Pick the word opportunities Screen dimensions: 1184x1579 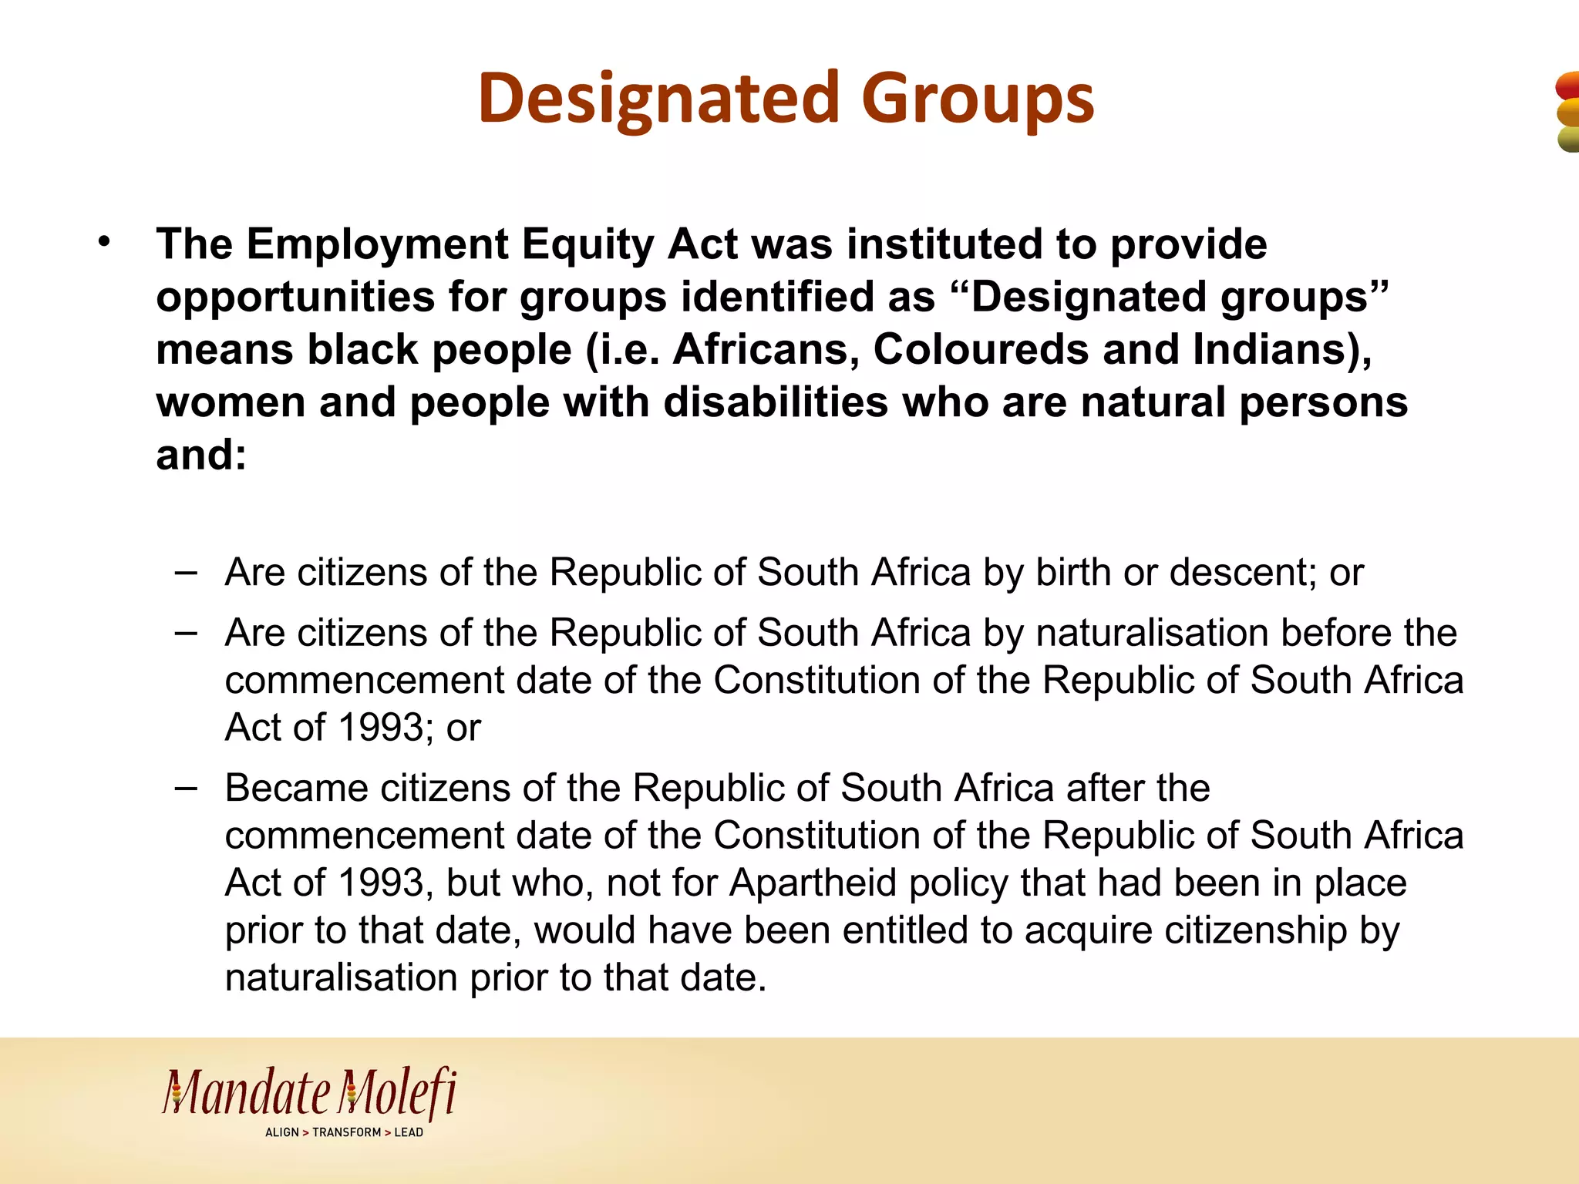[x=295, y=298]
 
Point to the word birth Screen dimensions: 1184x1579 [x=1073, y=573]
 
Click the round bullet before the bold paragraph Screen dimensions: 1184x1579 [x=104, y=244]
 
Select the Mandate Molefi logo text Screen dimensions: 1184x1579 [x=309, y=1093]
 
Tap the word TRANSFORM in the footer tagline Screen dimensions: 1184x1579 [x=346, y=1132]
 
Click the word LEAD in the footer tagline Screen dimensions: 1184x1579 [x=409, y=1132]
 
